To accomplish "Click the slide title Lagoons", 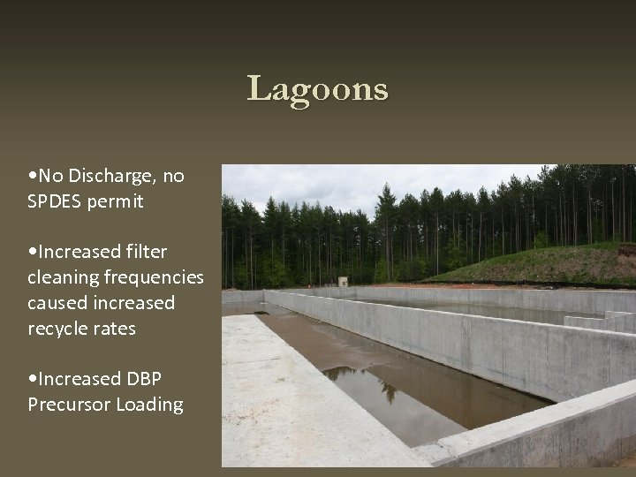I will tap(317, 89).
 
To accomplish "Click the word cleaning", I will tap(64, 277).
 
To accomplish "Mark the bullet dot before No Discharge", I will tap(32, 177).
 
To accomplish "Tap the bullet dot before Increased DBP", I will tap(32, 379).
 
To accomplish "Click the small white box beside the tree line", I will tap(343, 282).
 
